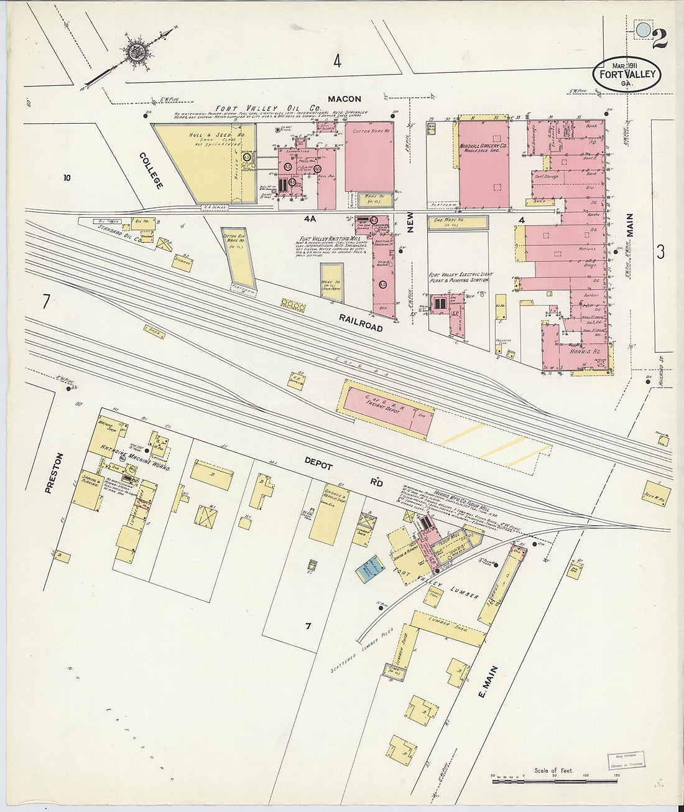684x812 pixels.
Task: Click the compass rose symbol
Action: click(x=136, y=52)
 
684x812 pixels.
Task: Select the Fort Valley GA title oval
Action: click(x=626, y=75)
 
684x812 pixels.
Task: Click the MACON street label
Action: click(x=344, y=99)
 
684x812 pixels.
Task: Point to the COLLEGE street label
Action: click(x=151, y=170)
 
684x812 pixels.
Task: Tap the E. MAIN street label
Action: click(x=489, y=681)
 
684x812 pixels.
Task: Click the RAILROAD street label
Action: click(x=361, y=322)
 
